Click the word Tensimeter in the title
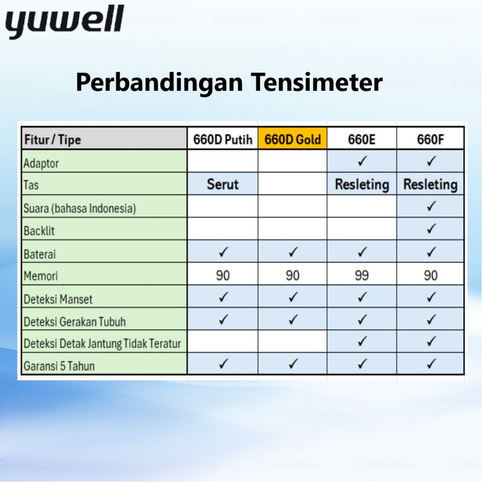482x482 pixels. [317, 82]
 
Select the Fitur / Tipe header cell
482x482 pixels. [104, 138]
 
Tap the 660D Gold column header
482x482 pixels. [292, 139]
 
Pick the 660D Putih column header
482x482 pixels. [223, 139]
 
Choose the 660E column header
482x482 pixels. [361, 139]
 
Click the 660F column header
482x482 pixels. [430, 139]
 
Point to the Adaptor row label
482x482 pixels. [41, 163]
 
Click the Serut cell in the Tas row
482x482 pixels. [223, 184]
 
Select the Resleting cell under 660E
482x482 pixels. [362, 184]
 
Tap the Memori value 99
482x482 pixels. [361, 275]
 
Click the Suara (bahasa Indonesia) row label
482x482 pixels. [80, 209]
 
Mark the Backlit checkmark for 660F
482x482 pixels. [431, 228]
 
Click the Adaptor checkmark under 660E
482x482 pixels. [362, 161]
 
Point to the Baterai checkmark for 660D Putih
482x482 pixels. [223, 252]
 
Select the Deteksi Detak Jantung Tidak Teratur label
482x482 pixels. [102, 343]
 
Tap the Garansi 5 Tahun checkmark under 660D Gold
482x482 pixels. [293, 364]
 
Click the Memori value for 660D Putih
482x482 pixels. [223, 275]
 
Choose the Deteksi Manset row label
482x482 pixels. [58, 299]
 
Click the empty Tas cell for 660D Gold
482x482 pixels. [292, 184]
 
